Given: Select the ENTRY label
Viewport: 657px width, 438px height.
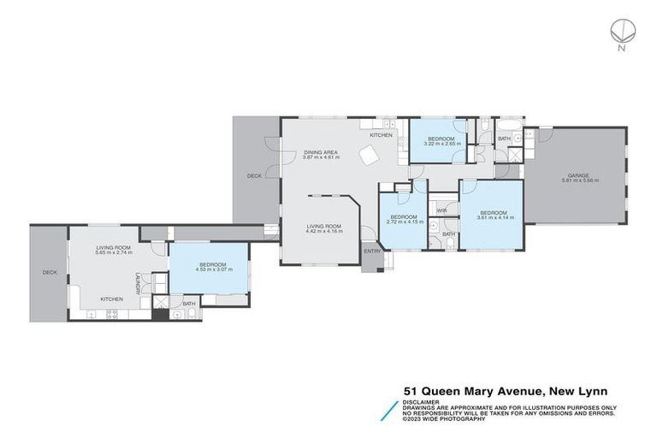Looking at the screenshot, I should (x=372, y=251).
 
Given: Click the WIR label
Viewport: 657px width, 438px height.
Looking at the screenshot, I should (x=442, y=210).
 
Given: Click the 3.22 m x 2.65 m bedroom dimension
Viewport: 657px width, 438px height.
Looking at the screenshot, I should (x=442, y=144).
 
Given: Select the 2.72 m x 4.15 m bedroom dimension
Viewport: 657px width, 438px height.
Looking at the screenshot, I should (x=403, y=222).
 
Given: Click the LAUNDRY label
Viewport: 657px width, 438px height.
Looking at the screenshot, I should (x=137, y=281).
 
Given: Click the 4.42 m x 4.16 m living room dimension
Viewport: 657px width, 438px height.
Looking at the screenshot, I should (x=324, y=231).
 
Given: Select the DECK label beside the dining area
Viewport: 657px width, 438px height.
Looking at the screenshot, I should (x=254, y=176).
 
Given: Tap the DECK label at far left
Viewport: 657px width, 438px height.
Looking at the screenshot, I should (x=50, y=273).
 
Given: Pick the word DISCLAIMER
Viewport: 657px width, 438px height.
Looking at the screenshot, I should (x=424, y=400).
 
